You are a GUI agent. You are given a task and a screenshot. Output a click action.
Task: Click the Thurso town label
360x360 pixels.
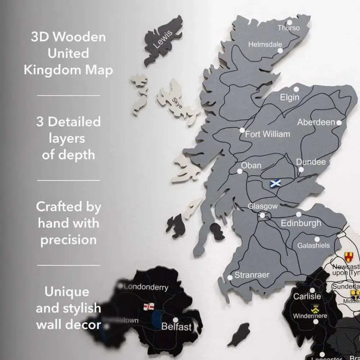(x=288, y=28)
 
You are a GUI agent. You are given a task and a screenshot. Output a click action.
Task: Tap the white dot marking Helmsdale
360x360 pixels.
(x=280, y=51)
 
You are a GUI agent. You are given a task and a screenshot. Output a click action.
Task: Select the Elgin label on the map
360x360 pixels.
(x=289, y=98)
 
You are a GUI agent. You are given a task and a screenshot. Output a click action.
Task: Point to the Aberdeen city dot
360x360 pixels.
(x=339, y=123)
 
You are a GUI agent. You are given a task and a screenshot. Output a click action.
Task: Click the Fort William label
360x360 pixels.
(x=267, y=134)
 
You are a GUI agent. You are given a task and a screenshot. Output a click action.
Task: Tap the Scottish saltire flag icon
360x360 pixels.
(x=275, y=183)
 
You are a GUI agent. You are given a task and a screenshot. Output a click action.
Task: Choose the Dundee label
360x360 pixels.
(x=311, y=162)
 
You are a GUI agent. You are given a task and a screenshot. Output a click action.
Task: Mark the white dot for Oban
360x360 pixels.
(x=240, y=171)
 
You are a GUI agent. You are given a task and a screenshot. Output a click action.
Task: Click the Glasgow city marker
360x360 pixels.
(x=262, y=215)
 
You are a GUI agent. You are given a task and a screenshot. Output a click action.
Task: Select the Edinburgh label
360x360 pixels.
(x=301, y=223)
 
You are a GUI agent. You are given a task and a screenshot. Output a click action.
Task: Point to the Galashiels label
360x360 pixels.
(x=313, y=246)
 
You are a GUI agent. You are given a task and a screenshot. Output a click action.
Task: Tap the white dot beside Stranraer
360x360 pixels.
(x=230, y=277)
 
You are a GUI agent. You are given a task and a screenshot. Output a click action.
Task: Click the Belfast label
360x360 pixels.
(x=176, y=327)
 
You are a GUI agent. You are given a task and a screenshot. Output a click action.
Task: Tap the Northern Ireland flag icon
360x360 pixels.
(x=148, y=306)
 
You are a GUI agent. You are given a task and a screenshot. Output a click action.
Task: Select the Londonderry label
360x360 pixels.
(x=146, y=287)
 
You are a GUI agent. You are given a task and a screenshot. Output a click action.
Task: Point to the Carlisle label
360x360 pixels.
(x=307, y=297)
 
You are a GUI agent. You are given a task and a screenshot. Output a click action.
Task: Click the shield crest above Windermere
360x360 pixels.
(x=314, y=308)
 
